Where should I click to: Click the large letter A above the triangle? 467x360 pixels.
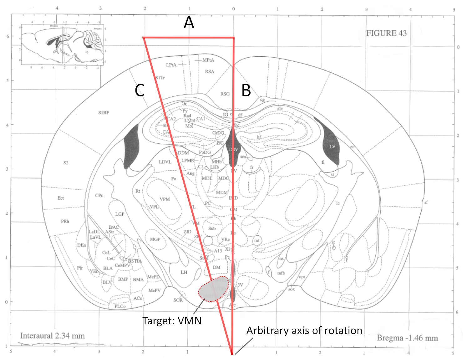tap(189, 23)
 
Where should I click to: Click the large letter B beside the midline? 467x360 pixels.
tap(246, 91)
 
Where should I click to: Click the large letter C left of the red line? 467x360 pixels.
tap(140, 91)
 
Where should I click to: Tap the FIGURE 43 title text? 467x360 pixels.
tap(386, 33)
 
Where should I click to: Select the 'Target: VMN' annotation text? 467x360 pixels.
tap(172, 321)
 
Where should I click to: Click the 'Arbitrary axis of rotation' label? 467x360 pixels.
tap(304, 331)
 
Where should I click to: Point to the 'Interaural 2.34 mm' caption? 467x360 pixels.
tap(53, 336)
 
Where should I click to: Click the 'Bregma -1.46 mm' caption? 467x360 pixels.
tap(407, 338)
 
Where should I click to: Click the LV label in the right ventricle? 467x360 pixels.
tap(332, 147)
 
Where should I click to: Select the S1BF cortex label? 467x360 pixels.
tap(104, 113)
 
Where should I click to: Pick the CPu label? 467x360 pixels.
tap(99, 196)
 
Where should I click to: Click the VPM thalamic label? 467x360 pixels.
tap(165, 199)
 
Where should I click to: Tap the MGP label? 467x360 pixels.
tap(155, 239)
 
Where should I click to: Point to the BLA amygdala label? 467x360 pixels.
tap(108, 268)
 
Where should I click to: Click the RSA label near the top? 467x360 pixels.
tap(210, 72)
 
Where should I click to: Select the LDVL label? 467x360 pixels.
tap(165, 162)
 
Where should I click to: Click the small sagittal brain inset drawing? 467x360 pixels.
tap(63, 44)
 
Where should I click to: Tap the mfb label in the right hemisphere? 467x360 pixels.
tap(281, 273)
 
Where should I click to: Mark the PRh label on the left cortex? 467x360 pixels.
tap(65, 221)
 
